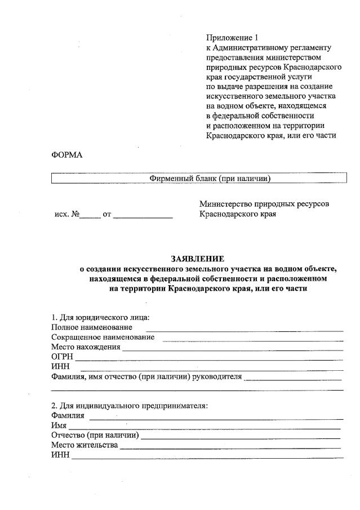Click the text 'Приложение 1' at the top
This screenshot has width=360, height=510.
tap(232, 38)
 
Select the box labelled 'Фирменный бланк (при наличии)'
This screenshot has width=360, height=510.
tap(199, 179)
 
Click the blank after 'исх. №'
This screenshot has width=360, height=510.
tap(89, 216)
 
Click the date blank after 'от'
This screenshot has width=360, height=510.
tap(144, 216)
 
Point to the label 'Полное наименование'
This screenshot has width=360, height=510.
tap(92, 327)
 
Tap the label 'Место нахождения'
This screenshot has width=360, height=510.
tap(86, 347)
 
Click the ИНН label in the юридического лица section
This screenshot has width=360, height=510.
tap(60, 367)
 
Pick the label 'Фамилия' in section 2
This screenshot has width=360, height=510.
tap(68, 416)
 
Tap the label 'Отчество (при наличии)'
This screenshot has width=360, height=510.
tap(95, 436)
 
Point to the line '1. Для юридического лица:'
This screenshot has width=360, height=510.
tap(100, 317)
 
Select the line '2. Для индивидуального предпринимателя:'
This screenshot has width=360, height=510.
tap(130, 406)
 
